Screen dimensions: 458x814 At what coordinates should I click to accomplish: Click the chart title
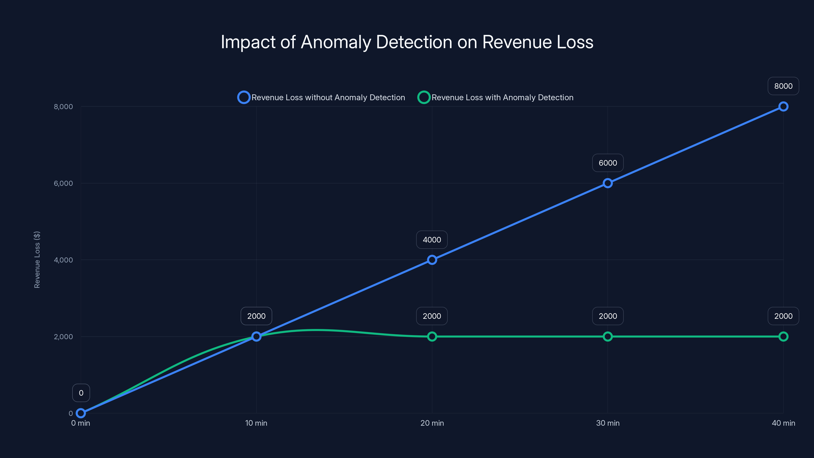407,42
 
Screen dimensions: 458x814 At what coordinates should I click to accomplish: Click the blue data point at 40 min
783,107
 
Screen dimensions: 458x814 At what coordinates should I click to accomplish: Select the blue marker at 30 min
607,183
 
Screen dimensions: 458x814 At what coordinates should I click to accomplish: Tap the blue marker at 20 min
432,260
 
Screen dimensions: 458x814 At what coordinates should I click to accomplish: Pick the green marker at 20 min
432,337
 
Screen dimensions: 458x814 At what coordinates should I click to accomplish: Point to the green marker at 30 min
607,337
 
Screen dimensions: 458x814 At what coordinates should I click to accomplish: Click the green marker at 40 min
783,337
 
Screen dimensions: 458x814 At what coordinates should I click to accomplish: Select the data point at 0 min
81,413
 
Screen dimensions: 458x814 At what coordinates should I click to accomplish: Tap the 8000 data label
783,86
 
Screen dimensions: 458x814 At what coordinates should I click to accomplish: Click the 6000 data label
607,163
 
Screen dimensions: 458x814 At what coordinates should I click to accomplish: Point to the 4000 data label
432,240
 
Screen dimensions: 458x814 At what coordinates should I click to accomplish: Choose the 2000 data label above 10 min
256,316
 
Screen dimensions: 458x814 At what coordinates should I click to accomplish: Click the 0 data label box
81,393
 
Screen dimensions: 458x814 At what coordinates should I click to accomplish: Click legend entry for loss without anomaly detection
321,97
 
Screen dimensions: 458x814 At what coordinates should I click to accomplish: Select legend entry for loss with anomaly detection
496,97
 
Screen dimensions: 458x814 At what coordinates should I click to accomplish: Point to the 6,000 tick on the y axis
63,183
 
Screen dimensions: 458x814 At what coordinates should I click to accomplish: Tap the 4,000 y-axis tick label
63,260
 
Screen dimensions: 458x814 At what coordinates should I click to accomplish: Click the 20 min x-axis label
432,423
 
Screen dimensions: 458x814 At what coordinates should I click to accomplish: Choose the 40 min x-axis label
783,423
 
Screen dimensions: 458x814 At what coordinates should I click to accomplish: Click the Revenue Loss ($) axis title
37,260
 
